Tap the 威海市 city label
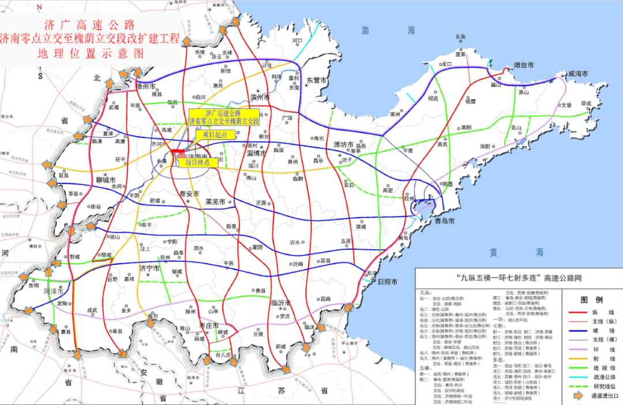click(x=577, y=74)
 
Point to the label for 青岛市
click(x=444, y=221)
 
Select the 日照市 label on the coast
click(x=387, y=283)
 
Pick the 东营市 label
click(x=317, y=80)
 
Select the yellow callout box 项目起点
click(x=211, y=134)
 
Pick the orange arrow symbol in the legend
click(x=577, y=396)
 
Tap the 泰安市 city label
click(x=189, y=194)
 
